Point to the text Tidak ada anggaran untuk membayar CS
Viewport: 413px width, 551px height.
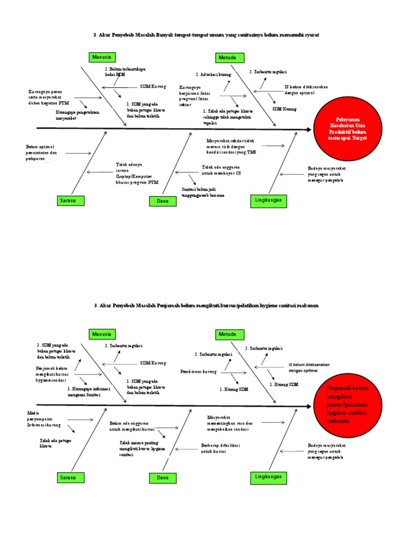pyautogui.click(x=222, y=171)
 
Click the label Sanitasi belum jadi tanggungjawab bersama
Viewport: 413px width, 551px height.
pyautogui.click(x=203, y=192)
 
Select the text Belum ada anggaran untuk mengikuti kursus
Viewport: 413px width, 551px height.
pyautogui.click(x=132, y=426)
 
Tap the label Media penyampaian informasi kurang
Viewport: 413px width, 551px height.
pyautogui.click(x=44, y=418)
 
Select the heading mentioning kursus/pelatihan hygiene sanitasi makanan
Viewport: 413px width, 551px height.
pyautogui.click(x=206, y=305)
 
